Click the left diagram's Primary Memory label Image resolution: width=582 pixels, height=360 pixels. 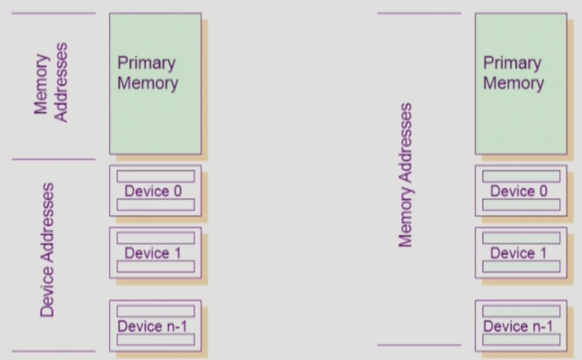[147, 73]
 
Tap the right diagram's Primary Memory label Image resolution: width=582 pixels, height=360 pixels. [513, 73]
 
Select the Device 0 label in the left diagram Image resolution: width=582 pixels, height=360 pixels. [153, 191]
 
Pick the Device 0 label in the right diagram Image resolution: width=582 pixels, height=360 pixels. [518, 191]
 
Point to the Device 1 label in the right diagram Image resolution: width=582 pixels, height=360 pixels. [518, 253]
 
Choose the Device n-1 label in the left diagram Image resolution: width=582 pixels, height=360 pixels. [152, 326]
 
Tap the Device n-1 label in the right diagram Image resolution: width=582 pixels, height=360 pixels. [518, 326]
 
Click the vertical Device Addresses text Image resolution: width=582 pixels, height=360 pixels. [47, 250]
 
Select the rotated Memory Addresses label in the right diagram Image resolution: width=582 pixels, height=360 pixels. [405, 175]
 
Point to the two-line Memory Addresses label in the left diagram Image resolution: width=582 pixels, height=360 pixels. [51, 82]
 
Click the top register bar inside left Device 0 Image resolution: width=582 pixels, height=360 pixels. [156, 176]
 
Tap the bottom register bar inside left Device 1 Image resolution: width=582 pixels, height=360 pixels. [156, 267]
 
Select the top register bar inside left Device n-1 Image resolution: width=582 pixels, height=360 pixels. [156, 311]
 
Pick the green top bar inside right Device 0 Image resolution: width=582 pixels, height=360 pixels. [521, 176]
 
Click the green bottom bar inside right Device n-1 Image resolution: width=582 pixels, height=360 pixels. [521, 340]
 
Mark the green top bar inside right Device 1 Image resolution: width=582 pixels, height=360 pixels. [521, 238]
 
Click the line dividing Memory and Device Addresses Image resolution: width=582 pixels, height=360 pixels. [53, 159]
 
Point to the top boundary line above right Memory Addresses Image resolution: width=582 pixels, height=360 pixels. [419, 13]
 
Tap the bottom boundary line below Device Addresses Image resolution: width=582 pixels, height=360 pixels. [53, 351]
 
